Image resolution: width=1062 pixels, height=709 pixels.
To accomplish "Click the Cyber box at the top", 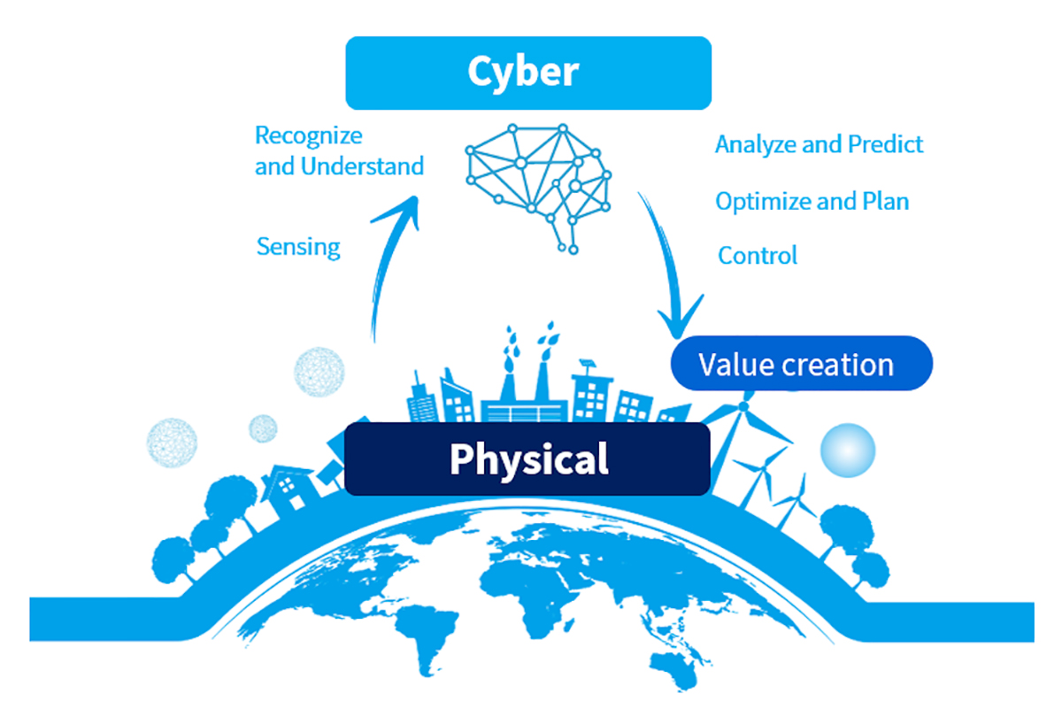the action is pos(528,73).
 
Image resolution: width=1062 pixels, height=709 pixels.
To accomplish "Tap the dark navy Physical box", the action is pos(527,459).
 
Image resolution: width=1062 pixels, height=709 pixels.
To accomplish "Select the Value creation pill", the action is pos(801,363).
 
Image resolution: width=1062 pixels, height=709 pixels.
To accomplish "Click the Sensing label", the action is pos(298,247).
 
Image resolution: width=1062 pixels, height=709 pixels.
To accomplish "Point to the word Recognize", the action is pos(309,136).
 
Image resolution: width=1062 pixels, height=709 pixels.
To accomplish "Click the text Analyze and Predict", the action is pos(820,144).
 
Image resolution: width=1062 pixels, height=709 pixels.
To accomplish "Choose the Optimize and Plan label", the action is pos(812,202).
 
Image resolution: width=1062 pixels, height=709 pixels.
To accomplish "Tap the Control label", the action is pos(758,256).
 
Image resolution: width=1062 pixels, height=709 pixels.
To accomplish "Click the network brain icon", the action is pos(539,189).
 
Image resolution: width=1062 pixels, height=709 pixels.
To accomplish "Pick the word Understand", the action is pos(362,166).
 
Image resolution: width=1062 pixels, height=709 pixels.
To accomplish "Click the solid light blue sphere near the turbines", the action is pos(848,450).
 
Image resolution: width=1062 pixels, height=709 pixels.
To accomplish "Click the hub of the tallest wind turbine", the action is pos(743,406).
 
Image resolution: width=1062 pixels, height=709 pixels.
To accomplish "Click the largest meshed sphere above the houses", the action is pos(319,372).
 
